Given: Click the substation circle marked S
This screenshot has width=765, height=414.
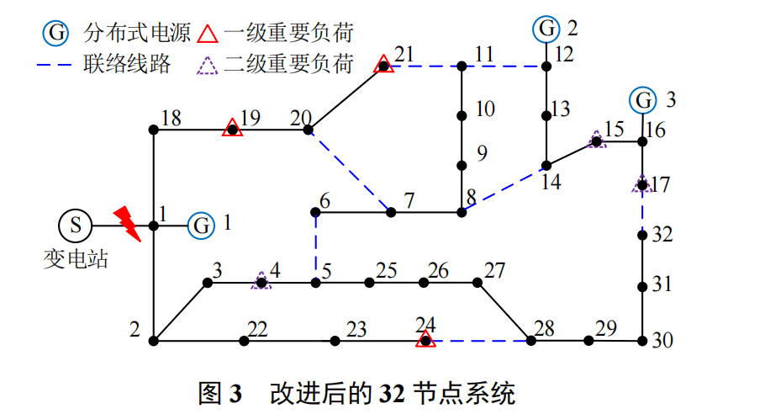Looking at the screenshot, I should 76,226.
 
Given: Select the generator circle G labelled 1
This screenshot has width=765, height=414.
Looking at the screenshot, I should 200,226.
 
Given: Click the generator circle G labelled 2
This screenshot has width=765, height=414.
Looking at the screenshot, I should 546,30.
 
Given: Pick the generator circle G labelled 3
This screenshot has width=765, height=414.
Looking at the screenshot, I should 644,100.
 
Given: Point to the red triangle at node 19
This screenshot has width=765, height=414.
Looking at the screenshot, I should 231,129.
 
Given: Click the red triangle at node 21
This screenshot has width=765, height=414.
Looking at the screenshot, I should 384,64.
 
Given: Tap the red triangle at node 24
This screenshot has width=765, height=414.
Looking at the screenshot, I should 425,340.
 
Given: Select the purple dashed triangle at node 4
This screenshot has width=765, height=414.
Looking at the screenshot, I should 261,282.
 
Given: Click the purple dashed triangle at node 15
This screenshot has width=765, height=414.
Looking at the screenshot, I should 596,141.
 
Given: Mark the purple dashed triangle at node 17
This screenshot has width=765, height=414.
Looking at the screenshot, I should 642,183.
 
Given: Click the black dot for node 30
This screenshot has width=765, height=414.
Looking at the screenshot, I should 643,341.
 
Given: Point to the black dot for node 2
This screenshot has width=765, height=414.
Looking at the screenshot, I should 154,341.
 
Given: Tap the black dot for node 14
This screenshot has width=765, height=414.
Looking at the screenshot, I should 546,165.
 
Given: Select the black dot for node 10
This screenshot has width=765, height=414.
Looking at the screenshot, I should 461,116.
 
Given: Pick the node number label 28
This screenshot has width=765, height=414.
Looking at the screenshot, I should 544,328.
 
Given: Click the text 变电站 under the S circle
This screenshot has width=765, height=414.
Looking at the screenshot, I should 75,260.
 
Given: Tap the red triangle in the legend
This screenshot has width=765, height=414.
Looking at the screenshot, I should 208,34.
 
